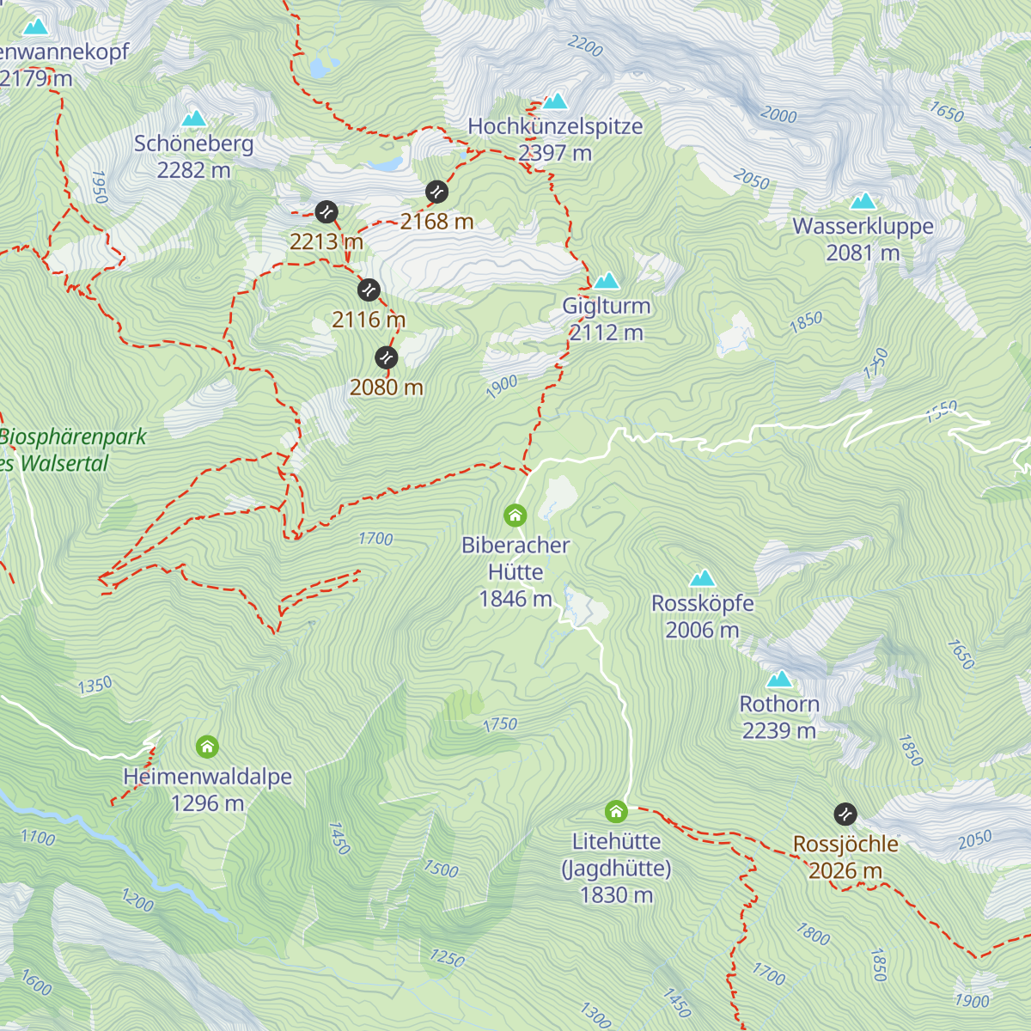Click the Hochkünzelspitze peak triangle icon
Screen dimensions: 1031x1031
coord(555,101)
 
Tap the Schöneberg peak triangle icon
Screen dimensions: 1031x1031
coord(194,118)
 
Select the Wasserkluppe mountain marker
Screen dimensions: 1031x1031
coord(863,201)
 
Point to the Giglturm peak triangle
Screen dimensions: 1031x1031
coord(607,280)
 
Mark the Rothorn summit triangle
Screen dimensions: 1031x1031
coord(779,679)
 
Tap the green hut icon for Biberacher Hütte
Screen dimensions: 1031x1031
coord(515,515)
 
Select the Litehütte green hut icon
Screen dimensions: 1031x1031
coord(616,811)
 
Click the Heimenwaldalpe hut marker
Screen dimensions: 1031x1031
coord(207,746)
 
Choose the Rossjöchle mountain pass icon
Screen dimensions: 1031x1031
coord(845,814)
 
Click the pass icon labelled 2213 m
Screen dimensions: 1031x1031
coord(326,211)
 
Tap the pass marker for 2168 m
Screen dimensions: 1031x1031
coord(436,191)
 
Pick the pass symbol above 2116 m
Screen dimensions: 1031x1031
coord(369,290)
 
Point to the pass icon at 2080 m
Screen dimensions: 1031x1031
coord(387,357)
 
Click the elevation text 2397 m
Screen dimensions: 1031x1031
coord(555,153)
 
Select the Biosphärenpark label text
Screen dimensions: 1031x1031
coord(73,436)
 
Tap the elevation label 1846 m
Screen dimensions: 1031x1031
coord(515,599)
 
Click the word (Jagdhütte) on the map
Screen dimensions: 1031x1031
coord(616,868)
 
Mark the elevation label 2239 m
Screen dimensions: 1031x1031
coord(779,730)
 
